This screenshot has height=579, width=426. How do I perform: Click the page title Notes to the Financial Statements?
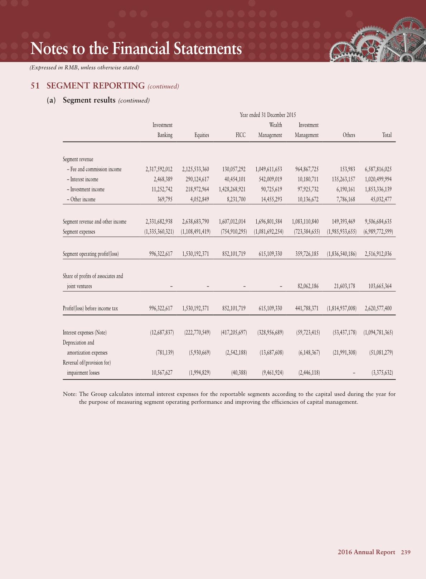pos(136,49)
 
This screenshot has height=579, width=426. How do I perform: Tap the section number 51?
pos(35,86)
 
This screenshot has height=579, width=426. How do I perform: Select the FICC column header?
pos(241,135)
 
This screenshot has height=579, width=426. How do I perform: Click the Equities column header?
pos(202,135)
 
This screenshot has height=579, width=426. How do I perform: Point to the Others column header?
pos(349,135)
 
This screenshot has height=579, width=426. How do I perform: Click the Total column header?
pos(387,135)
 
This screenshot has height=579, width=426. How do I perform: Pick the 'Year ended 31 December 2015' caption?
pos(268,115)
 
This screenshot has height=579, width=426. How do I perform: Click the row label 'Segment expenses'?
pos(79,232)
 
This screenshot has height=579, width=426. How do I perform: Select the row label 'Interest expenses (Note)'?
pos(84,333)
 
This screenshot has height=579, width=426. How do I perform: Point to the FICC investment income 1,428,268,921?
pos(232,189)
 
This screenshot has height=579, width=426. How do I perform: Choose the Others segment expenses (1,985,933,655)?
pos(342,232)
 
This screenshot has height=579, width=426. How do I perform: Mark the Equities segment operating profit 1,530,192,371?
pos(195,254)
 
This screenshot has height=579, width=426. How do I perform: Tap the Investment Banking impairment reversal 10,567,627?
pos(162,373)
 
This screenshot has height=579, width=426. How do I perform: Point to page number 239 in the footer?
pos(406,552)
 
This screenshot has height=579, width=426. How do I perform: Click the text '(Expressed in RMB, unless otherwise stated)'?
pos(84,67)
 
